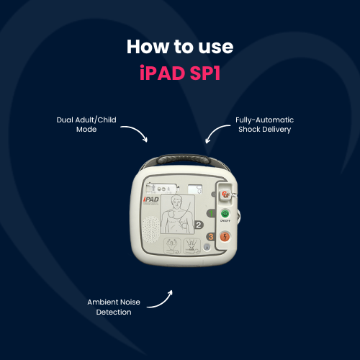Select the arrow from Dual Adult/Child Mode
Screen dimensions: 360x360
(x=135, y=132)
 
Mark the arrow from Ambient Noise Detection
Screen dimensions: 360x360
(x=163, y=300)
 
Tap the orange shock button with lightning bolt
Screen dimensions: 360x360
(x=226, y=235)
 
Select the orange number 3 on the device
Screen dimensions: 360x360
(x=211, y=236)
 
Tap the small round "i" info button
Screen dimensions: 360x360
(x=207, y=246)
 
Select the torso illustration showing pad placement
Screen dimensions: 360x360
(x=176, y=213)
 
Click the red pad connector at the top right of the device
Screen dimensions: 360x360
(x=227, y=194)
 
